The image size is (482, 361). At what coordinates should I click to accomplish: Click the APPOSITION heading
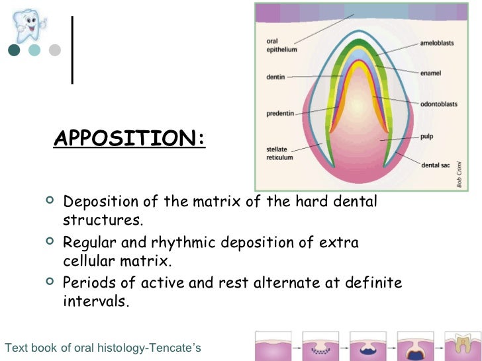pos(130,139)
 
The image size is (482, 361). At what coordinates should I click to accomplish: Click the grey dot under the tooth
pos(55,50)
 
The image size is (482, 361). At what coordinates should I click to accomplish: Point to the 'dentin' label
pos(275,77)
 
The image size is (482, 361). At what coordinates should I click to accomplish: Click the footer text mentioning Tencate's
pos(102,348)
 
